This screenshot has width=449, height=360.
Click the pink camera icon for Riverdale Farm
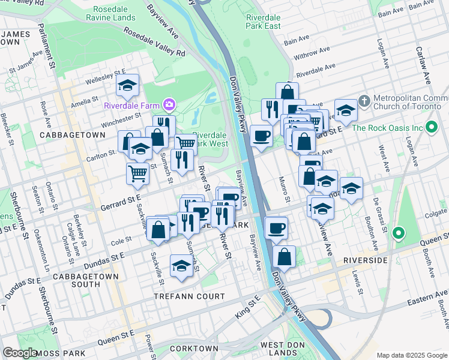pos(170,106)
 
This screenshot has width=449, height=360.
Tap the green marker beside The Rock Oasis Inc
pos(430,128)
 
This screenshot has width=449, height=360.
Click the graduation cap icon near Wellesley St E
pos(127,86)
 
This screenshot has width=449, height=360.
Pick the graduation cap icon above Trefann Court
pos(181,265)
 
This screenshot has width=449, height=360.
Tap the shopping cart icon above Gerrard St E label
pos(138,173)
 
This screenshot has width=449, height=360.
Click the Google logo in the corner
pos(20,353)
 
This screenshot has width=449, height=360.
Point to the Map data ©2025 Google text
pos(412,355)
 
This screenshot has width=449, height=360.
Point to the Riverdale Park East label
pos(263,22)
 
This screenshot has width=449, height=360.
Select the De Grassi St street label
pos(377,213)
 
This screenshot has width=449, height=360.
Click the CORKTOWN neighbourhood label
pos(194,349)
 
